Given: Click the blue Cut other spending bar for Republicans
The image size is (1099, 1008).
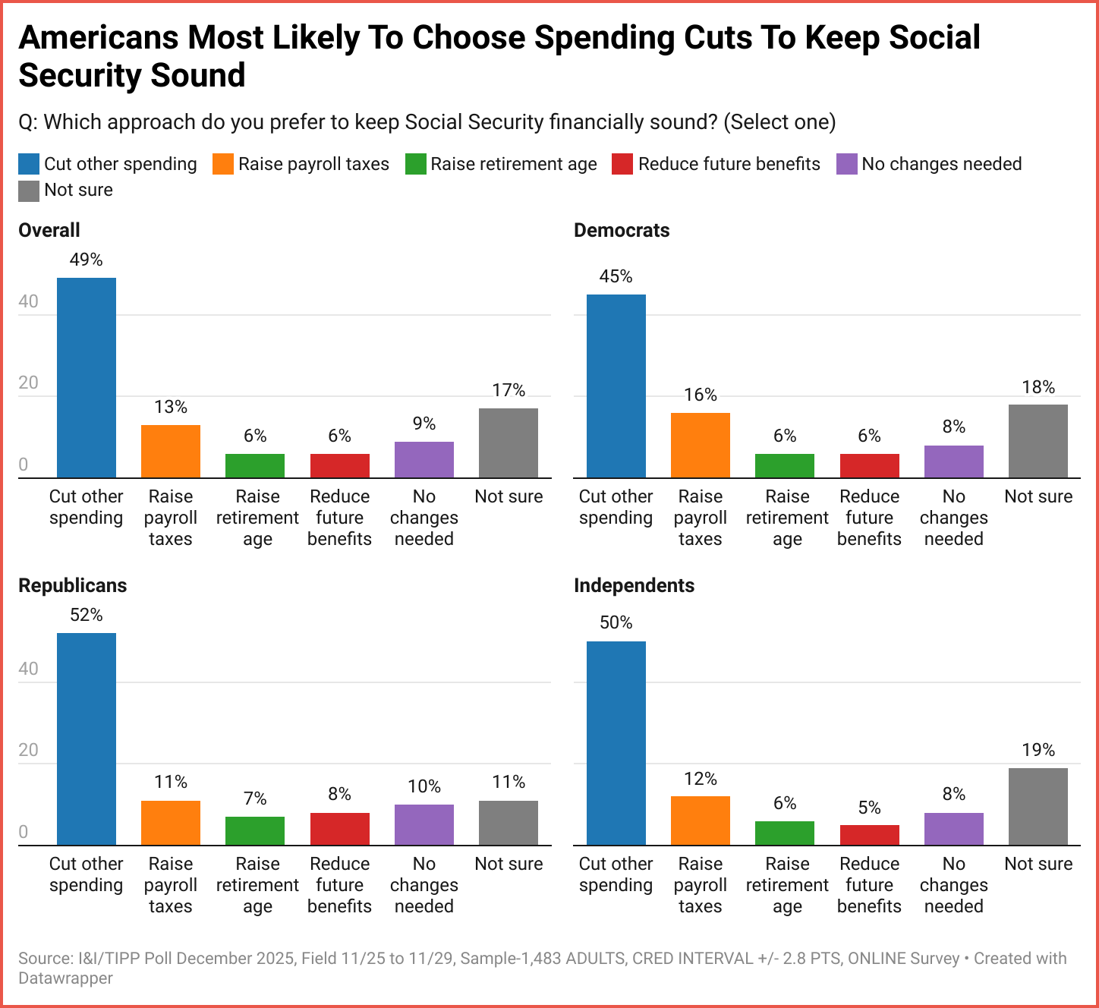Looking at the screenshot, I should pyautogui.click(x=87, y=739).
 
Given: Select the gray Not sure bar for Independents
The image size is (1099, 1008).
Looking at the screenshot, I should pyautogui.click(x=1038, y=806).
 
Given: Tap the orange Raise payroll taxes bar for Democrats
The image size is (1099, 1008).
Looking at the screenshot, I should pyautogui.click(x=700, y=445).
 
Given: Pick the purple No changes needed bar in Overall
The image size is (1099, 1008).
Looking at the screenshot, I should pyautogui.click(x=424, y=459).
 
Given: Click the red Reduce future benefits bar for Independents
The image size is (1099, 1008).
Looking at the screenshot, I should pyautogui.click(x=869, y=835).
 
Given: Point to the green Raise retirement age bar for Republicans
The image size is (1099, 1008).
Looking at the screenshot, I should pyautogui.click(x=255, y=830).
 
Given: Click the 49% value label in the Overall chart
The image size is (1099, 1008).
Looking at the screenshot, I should pyautogui.click(x=86, y=260).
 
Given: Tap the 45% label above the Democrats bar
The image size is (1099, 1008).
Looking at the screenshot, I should pyautogui.click(x=616, y=276).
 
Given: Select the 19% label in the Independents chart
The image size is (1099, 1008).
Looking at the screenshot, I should pyautogui.click(x=1038, y=750).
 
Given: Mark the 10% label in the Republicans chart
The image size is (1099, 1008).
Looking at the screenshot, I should pyautogui.click(x=424, y=786).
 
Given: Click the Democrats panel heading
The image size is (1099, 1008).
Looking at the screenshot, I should pyautogui.click(x=622, y=230).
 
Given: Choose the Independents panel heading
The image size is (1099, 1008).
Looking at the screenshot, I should pyautogui.click(x=634, y=585).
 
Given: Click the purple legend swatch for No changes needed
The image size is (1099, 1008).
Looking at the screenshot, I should pyautogui.click(x=846, y=164).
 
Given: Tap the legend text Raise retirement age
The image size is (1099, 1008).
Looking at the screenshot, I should pyautogui.click(x=513, y=164).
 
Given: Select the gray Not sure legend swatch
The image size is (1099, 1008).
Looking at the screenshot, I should pyautogui.click(x=29, y=191).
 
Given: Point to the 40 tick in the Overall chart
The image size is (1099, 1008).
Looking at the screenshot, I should pyautogui.click(x=29, y=301).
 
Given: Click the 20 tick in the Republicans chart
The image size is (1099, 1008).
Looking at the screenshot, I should pyautogui.click(x=29, y=750).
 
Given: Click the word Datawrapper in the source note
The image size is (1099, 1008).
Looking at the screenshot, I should pyautogui.click(x=65, y=978).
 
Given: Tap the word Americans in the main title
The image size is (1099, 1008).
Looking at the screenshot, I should pyautogui.click(x=98, y=38).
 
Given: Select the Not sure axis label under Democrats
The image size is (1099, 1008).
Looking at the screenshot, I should pyautogui.click(x=1038, y=496).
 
